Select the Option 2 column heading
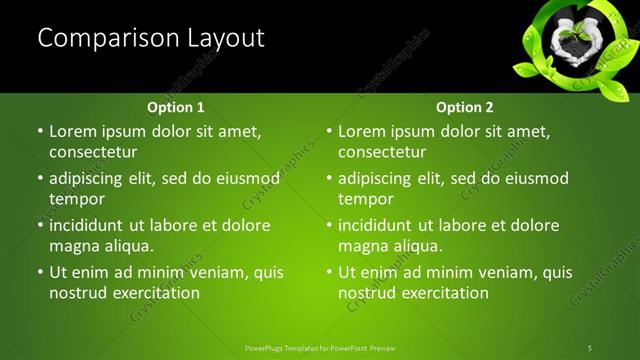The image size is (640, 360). pyautogui.click(x=464, y=107)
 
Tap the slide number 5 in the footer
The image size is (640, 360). pyautogui.click(x=590, y=348)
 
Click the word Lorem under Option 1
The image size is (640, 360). pyautogui.click(x=72, y=131)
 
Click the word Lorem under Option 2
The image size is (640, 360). pyautogui.click(x=361, y=131)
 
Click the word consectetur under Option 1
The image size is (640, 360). pyautogui.click(x=93, y=152)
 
